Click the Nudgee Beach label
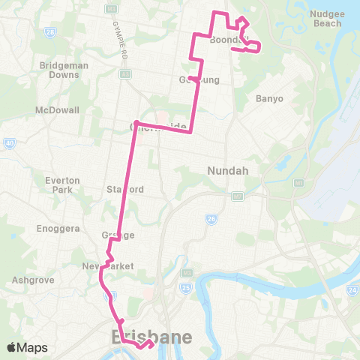[326, 18]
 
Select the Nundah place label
[222, 170]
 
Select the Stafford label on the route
[124, 189]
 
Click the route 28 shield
[50, 32]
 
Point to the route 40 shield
[9, 142]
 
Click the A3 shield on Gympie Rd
[124, 74]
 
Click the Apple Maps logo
[27, 347]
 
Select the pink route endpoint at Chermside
[136, 124]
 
